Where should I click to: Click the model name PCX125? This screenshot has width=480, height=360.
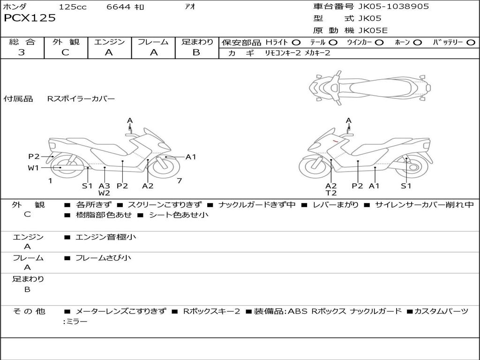click(30, 18)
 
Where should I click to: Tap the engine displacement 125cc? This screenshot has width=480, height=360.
click(73, 7)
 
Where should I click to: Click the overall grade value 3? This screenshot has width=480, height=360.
click(22, 52)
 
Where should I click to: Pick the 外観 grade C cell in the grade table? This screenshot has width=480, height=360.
click(66, 52)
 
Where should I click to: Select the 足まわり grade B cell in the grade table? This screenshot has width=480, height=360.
click(196, 52)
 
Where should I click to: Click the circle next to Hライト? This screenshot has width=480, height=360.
click(296, 43)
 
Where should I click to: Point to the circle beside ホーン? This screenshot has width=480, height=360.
click(417, 43)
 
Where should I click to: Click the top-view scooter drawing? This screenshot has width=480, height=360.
click(370, 87)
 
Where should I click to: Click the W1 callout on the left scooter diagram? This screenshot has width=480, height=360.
click(33, 168)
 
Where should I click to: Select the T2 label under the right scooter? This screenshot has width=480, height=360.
click(331, 193)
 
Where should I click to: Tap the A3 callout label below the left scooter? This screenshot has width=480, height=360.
click(104, 186)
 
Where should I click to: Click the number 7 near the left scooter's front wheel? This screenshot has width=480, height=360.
click(179, 180)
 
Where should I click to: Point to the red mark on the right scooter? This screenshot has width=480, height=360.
click(336, 140)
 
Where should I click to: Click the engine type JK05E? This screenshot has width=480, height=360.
click(373, 30)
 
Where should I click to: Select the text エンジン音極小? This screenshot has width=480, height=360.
click(106, 237)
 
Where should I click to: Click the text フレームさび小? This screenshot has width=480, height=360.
click(103, 258)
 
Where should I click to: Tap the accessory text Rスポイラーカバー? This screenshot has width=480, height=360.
click(81, 99)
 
